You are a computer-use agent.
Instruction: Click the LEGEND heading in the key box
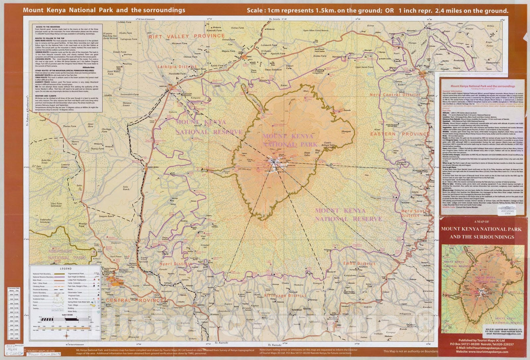[65, 269]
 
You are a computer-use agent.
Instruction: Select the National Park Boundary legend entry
[41, 273]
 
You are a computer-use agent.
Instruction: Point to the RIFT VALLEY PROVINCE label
[187, 36]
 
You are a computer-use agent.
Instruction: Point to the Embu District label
[359, 264]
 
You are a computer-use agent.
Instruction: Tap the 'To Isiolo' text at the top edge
[275, 20]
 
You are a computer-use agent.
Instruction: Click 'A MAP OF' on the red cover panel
[482, 222]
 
